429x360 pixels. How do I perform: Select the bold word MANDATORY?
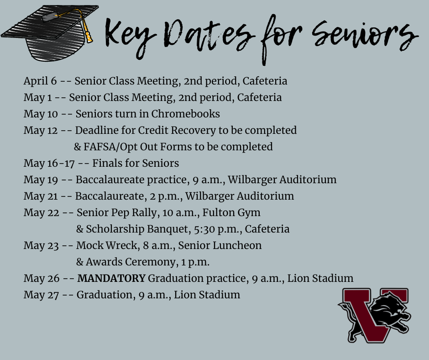click(111, 278)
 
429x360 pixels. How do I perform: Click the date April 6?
click(40, 81)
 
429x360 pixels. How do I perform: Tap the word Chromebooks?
click(185, 114)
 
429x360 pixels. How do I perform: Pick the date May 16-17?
click(49, 164)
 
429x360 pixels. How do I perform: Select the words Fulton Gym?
click(231, 213)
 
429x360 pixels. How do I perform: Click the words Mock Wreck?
click(107, 245)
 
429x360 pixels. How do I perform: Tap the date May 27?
click(41, 295)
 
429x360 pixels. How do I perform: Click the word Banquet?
click(167, 229)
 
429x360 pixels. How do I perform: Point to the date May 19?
click(41, 180)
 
